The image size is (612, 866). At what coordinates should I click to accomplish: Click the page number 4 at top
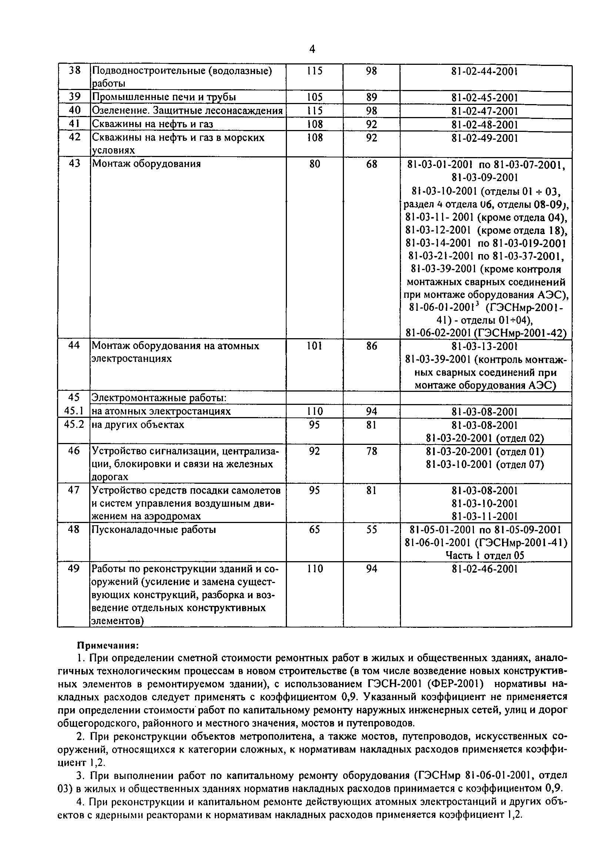point(312,49)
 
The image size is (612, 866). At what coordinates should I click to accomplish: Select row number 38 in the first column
point(74,70)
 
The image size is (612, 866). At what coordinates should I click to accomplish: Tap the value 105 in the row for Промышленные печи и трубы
point(314,97)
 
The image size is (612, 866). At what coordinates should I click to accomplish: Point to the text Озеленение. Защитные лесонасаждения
point(187,110)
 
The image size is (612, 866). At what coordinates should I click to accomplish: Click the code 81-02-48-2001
point(485,124)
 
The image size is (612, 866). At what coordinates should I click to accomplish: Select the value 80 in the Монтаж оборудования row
point(314,164)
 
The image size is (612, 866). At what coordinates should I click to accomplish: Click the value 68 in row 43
point(371,164)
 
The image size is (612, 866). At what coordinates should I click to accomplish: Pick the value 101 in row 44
point(314,346)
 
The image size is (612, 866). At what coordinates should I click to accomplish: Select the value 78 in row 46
point(371,451)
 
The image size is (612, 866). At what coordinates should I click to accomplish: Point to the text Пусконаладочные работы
point(154,530)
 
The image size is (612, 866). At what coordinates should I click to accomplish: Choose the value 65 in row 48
point(314,530)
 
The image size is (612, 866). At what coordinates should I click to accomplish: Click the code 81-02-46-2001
point(485,569)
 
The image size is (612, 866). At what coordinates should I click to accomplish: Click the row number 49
point(74,569)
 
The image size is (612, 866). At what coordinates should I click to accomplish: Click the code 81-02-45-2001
point(485,98)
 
